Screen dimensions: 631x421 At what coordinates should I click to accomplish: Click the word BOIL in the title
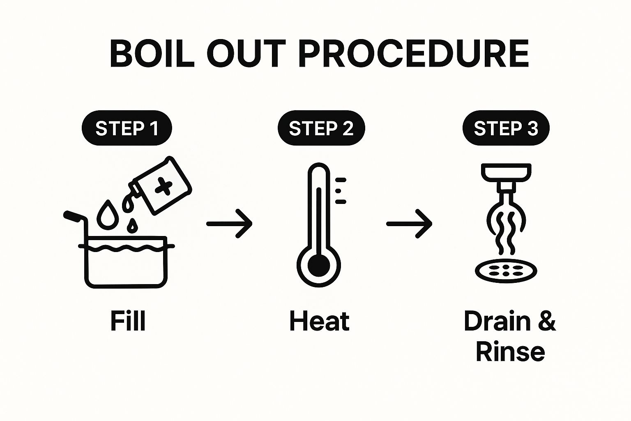(152, 53)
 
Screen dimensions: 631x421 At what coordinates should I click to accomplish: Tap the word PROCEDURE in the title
(414, 53)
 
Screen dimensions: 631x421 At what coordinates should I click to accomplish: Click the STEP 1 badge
(127, 128)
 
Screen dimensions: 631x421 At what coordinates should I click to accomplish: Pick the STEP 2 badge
(321, 128)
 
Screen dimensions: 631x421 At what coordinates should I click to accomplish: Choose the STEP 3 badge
(506, 128)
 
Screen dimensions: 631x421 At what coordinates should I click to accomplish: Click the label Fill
(128, 321)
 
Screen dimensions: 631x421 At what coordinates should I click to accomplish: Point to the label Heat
(320, 321)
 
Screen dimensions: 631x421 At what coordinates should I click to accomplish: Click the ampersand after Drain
(547, 321)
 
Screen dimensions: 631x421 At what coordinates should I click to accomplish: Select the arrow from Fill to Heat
(229, 224)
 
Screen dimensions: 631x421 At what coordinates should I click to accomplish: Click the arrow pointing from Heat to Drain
(409, 224)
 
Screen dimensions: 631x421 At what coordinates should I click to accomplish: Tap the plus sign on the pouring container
(164, 186)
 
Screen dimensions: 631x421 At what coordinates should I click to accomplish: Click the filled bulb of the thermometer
(319, 265)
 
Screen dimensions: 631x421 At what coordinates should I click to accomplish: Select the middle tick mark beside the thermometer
(338, 191)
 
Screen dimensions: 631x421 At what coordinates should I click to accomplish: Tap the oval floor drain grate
(506, 271)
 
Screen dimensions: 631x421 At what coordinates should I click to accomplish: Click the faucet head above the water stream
(506, 172)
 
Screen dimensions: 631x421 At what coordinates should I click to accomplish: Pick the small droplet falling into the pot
(132, 226)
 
